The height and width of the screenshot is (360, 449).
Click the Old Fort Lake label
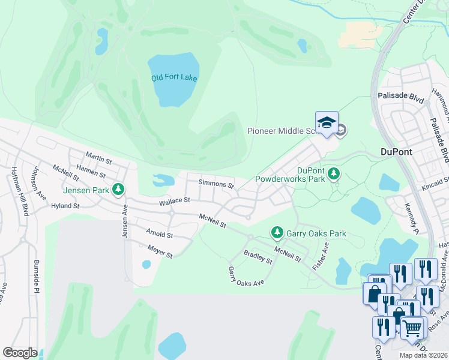click(x=174, y=78)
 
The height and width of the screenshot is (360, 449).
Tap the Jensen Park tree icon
click(x=119, y=190)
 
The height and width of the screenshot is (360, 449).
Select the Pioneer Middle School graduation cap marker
click(x=327, y=123)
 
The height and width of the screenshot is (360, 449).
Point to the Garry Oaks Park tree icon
click(x=277, y=231)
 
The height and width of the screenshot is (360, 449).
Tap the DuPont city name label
click(x=396, y=152)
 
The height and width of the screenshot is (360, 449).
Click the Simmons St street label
click(x=216, y=184)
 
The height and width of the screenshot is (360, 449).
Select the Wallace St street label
click(x=174, y=202)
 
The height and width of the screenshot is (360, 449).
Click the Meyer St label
click(x=160, y=251)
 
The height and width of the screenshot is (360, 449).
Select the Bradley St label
click(x=258, y=257)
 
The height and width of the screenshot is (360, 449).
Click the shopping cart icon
click(x=412, y=327)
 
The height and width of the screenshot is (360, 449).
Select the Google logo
click(x=20, y=353)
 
